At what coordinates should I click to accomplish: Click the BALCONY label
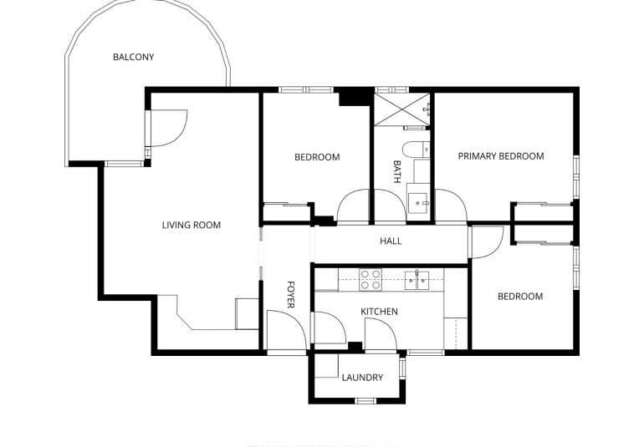point(134,58)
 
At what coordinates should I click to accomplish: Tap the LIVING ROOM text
point(191,225)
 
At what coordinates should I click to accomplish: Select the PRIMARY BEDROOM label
point(500,156)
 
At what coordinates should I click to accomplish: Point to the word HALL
point(391,241)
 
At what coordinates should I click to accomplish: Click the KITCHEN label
point(379,312)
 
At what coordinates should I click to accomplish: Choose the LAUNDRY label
point(362,378)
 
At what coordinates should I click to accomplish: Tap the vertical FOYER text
point(290,294)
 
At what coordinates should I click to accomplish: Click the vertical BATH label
point(396,172)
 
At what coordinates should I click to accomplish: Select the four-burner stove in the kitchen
point(371,279)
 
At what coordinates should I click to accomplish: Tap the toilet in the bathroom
point(414,150)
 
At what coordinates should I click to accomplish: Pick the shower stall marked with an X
point(401,109)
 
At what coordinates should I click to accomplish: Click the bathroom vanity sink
point(418,201)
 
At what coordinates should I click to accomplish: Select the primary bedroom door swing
point(449,206)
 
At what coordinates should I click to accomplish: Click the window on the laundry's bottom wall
point(365,401)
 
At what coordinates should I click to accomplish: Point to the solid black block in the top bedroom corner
point(354,96)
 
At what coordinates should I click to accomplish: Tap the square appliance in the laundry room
point(326,368)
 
